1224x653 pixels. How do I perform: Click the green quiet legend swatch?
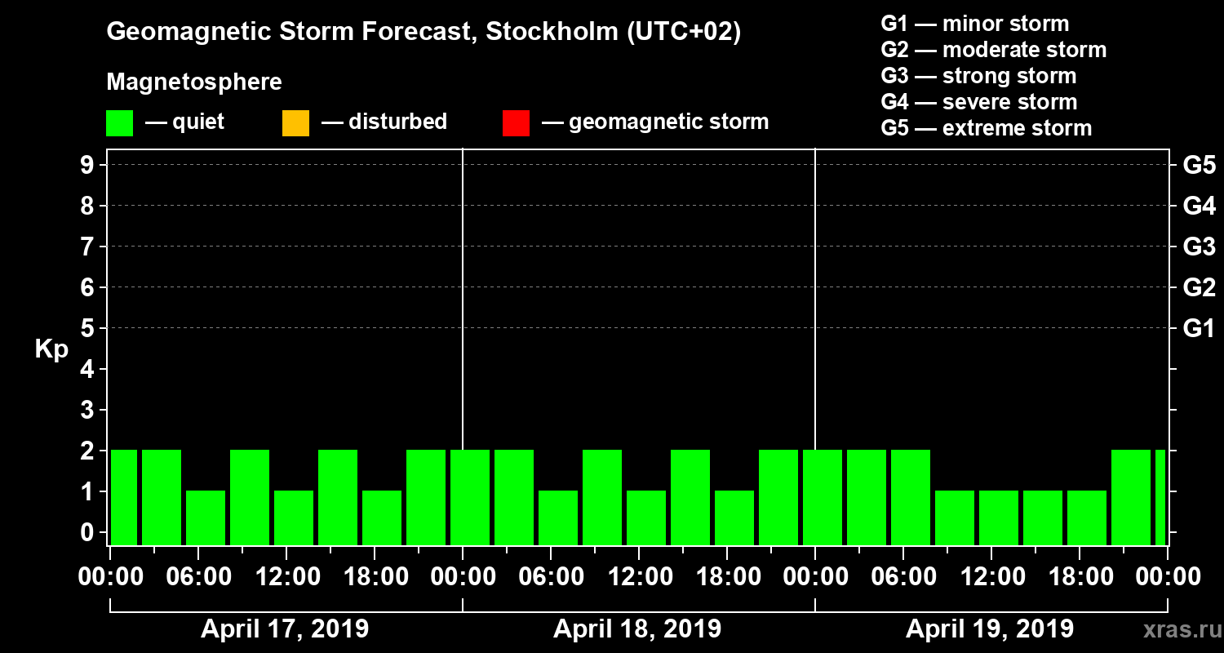[119, 123]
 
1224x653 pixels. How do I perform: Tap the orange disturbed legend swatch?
[295, 123]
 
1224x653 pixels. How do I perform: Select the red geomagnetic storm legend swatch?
[516, 123]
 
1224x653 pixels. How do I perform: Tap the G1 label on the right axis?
[1199, 328]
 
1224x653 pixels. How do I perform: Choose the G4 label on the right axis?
[1199, 206]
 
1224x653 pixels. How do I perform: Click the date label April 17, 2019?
[285, 629]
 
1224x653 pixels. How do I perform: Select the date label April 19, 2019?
[990, 629]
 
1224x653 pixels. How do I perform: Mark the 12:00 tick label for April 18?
[639, 577]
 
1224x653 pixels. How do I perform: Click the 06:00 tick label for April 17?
[198, 577]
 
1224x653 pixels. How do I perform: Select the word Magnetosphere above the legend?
[194, 82]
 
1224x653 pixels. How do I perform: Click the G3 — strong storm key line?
[978, 76]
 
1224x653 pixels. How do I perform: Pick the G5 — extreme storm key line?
[986, 128]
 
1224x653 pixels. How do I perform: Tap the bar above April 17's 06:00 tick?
[206, 518]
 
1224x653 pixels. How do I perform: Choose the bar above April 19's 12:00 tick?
[999, 518]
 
